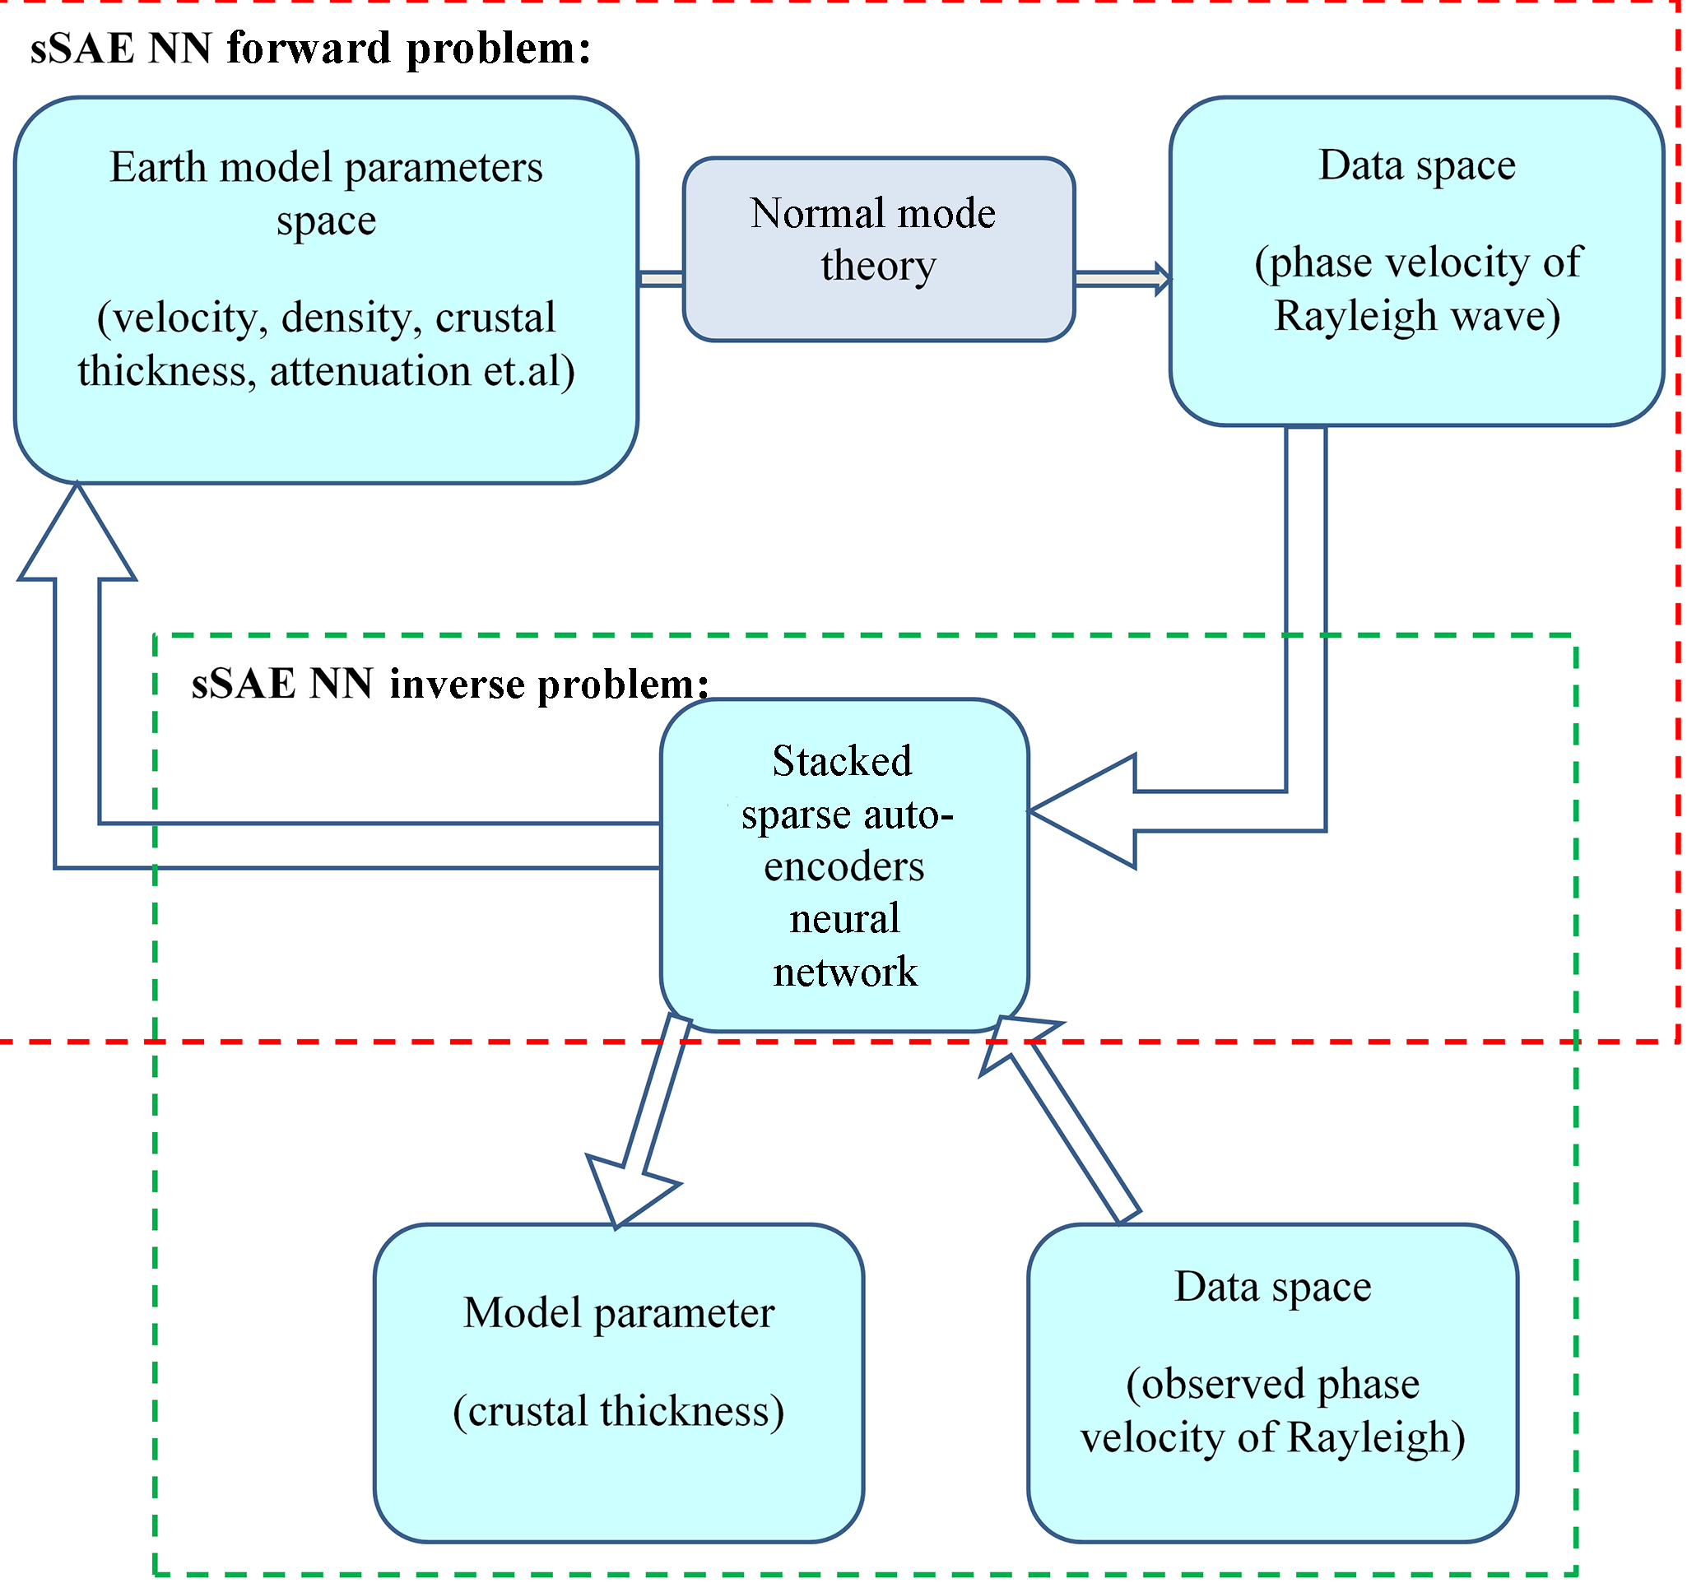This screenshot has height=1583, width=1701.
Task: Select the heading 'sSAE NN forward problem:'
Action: pos(310,49)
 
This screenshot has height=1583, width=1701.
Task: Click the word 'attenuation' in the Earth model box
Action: pos(369,371)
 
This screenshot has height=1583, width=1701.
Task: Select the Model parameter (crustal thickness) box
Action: pos(619,1384)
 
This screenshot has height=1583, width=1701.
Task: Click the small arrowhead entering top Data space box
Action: pos(1163,279)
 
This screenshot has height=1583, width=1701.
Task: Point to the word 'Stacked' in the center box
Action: pos(842,762)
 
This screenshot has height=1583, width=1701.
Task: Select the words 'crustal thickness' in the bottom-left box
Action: pos(619,1412)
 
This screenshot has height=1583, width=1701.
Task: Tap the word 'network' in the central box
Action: pos(844,972)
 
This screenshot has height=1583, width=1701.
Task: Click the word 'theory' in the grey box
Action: pos(879,265)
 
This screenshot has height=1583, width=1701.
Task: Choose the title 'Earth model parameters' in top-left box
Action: pos(326,168)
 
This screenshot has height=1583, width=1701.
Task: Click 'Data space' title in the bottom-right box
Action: pos(1273,1287)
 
